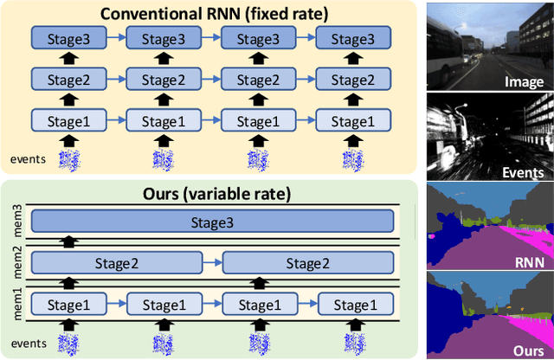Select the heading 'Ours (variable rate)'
point(208,193)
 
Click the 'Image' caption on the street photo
point(525,82)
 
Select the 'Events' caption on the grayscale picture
point(522,172)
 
